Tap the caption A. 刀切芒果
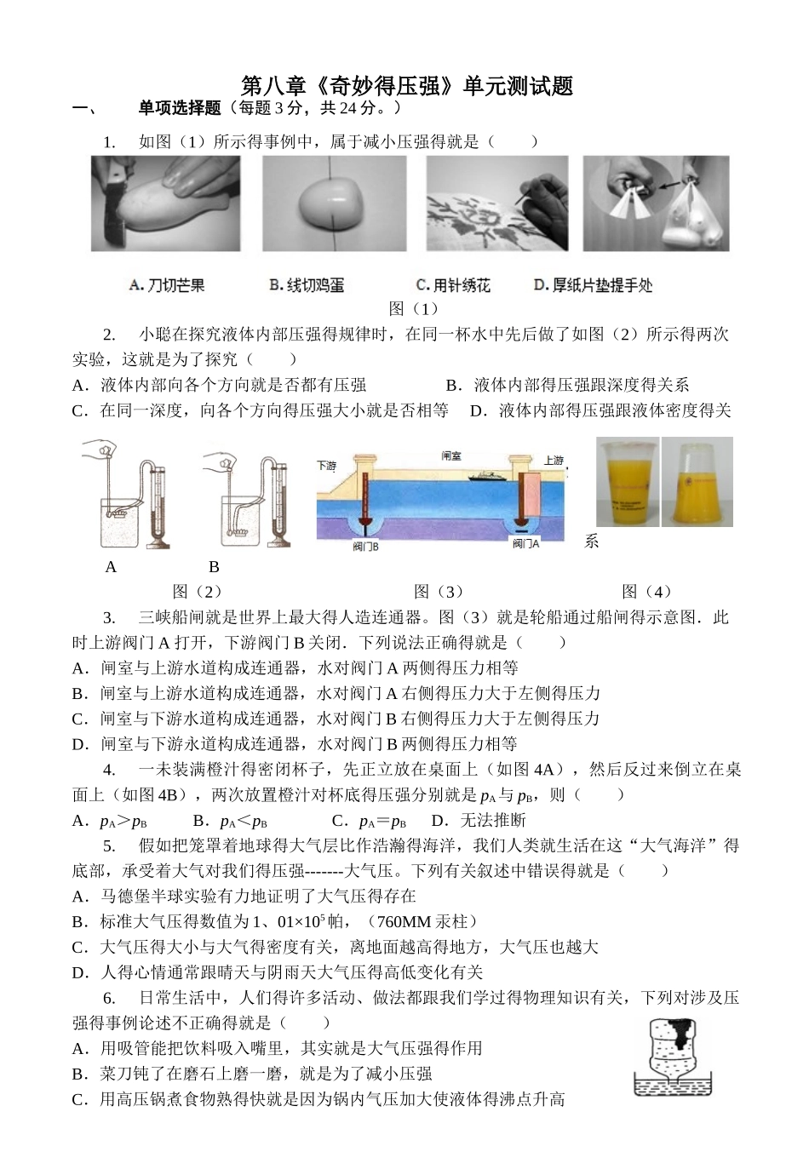tap(167, 285)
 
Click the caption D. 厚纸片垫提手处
tap(593, 285)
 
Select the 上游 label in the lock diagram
tap(553, 460)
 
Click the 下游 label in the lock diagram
tap(327, 466)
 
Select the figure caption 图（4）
tap(647, 591)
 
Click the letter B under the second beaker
tap(214, 567)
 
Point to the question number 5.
tap(109, 845)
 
